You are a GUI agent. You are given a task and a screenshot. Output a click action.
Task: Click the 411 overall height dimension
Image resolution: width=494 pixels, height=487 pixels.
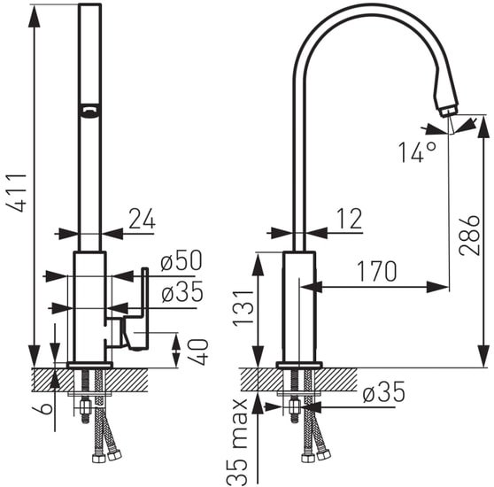point(17,192)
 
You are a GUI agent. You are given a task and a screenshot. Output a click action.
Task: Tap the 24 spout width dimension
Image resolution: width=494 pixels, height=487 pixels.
point(142,219)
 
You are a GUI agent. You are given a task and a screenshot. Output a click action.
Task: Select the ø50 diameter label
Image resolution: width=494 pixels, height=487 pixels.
point(181,260)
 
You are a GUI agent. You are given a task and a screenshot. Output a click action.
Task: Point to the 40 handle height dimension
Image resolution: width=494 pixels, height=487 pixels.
point(200,352)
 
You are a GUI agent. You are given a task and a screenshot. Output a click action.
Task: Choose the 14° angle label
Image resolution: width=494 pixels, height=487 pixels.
point(418,152)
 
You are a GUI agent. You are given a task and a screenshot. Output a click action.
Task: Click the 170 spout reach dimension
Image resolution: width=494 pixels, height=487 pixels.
point(376,271)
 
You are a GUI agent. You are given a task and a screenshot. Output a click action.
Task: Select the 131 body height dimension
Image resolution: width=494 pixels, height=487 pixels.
point(243,307)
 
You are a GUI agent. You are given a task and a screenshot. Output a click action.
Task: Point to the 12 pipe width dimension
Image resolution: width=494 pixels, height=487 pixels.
point(350,219)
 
